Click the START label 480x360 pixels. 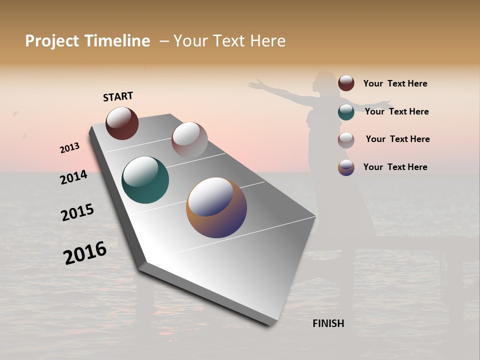(118, 96)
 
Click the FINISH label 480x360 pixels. (328, 323)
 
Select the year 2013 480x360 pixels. (69, 148)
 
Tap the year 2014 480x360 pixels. (73, 177)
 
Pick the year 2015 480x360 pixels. (77, 212)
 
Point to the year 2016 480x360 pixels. (85, 253)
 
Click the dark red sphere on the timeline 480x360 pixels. (122, 123)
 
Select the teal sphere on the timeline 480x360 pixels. (145, 180)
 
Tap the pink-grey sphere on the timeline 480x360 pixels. (189, 139)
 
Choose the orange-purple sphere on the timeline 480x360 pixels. (216, 207)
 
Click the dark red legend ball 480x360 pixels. (346, 83)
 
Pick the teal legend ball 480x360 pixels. (346, 111)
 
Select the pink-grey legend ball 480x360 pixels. (346, 139)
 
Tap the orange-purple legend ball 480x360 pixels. (346, 167)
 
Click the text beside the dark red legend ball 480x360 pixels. (395, 83)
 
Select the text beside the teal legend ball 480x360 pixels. (396, 111)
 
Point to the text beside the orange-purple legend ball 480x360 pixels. (395, 167)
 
